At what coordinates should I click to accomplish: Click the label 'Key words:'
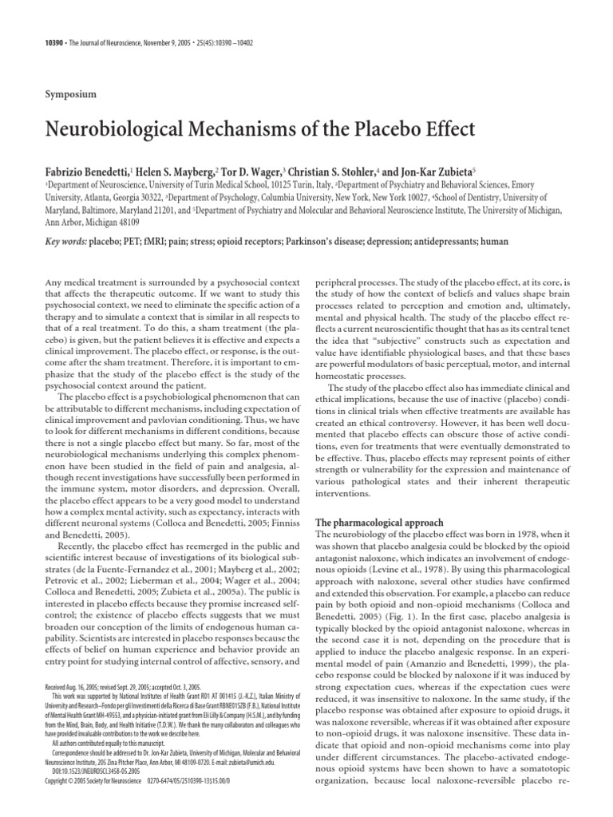(x=65, y=240)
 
